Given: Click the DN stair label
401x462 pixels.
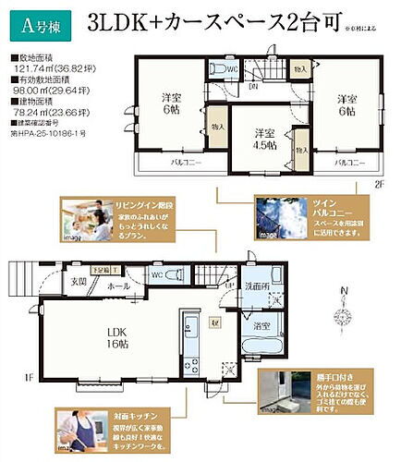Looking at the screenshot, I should coord(252,88).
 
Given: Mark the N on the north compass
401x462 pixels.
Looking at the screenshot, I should coord(344,295).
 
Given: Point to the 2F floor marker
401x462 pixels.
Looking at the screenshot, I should coord(379,184).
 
